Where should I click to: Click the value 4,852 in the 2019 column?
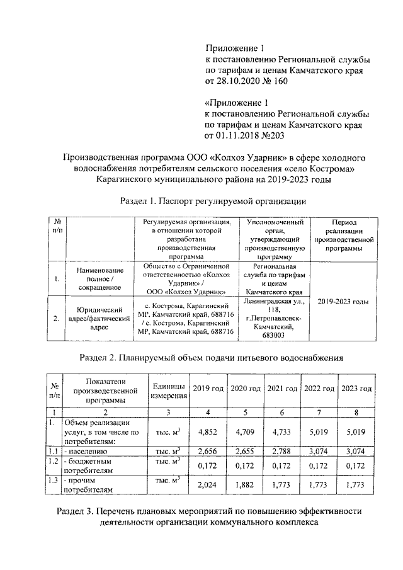[x=207, y=433]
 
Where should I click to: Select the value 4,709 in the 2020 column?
[x=245, y=433]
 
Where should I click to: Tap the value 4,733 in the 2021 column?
[x=281, y=433]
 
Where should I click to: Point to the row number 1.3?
[x=55, y=481]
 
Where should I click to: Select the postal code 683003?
[x=274, y=336]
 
